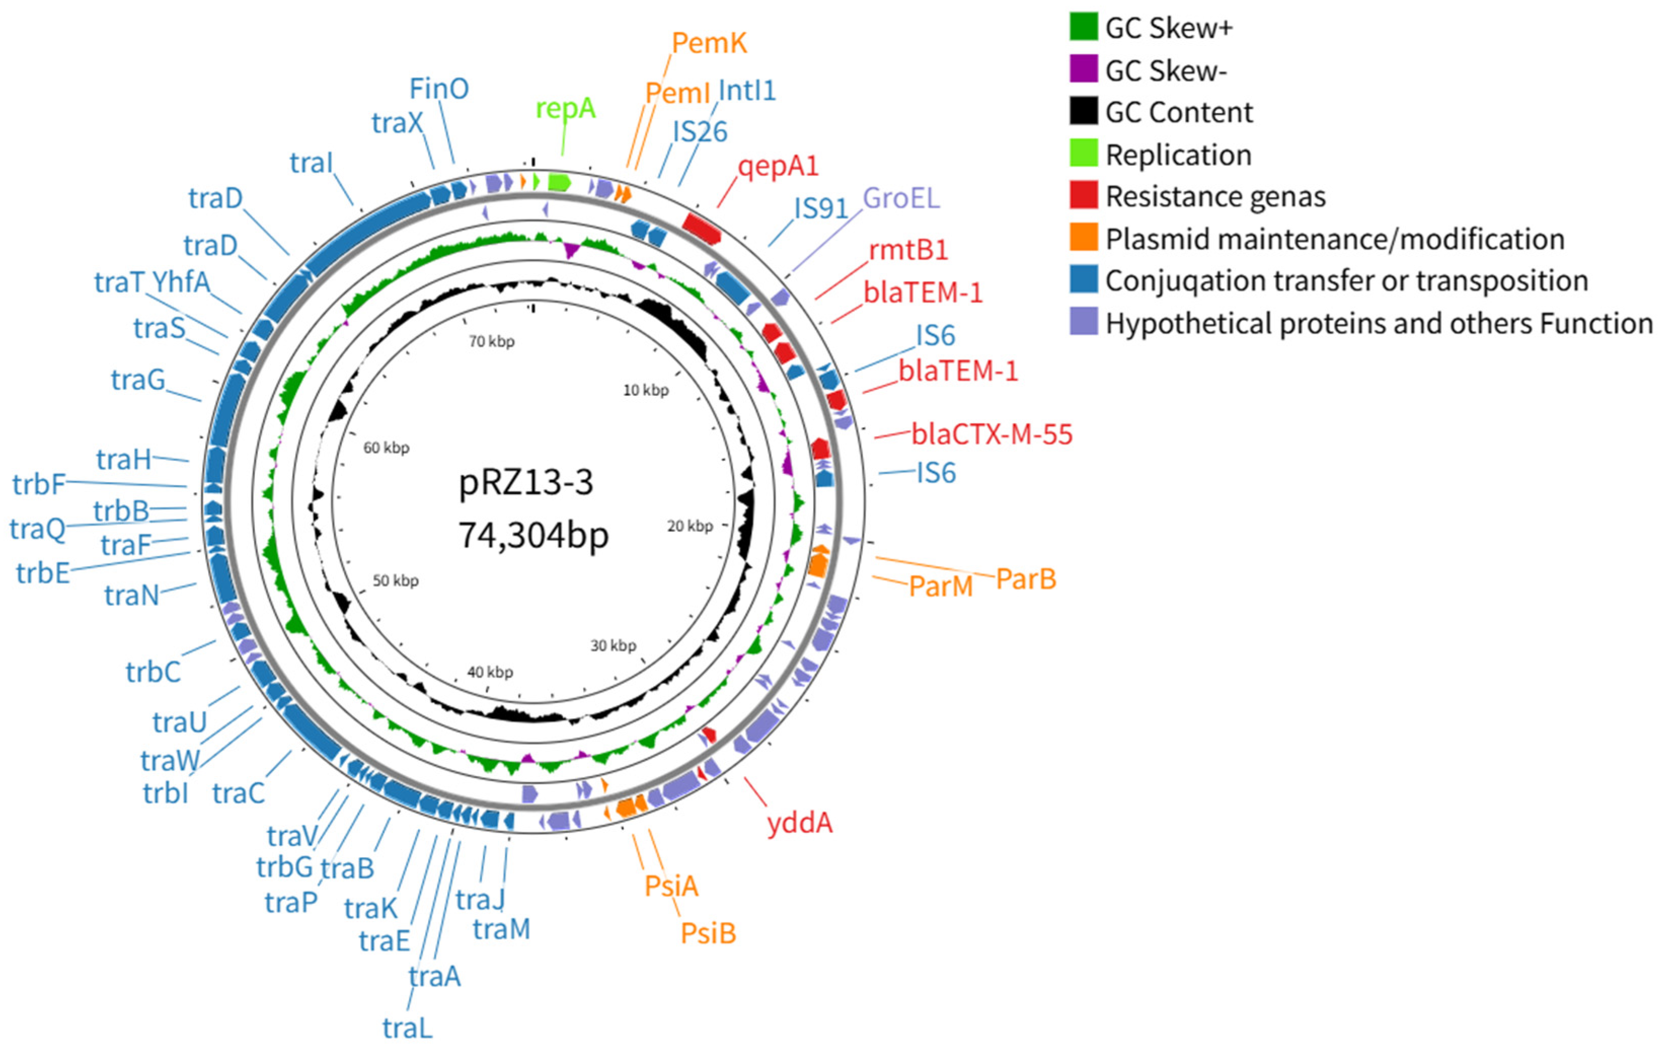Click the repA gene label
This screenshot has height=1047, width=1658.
tap(565, 108)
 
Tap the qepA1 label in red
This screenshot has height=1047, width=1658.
tap(778, 166)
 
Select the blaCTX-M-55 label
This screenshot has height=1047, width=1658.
tap(991, 434)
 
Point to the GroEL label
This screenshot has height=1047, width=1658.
tap(901, 198)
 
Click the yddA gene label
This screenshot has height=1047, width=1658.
tap(799, 822)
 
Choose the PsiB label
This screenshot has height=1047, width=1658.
tap(708, 934)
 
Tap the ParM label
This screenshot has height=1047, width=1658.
tap(941, 586)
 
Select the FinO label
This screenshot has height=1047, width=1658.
tap(439, 89)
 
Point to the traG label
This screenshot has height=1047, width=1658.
tap(138, 379)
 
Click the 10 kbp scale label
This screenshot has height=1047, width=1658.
tap(645, 390)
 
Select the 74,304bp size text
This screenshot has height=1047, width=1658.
tap(533, 535)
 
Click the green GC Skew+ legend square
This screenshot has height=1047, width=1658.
tap(1083, 27)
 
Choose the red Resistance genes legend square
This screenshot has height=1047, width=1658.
tap(1083, 195)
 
